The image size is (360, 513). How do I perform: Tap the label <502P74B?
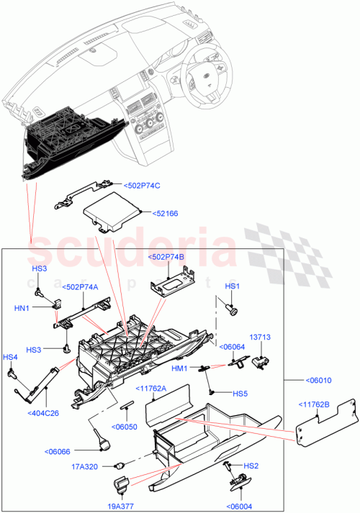pos(167,257)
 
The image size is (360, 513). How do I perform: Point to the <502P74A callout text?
pos(81,287)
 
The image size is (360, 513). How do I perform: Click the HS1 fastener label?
pos(232,286)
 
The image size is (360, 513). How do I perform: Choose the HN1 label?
pos(41,307)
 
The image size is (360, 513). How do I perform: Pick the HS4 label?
pos(10,357)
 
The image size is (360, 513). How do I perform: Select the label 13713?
pos(260,336)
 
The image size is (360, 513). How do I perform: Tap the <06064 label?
pos(232,347)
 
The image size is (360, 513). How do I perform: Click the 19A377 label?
pos(120,505)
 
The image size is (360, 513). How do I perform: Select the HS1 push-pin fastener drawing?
pos(232,310)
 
